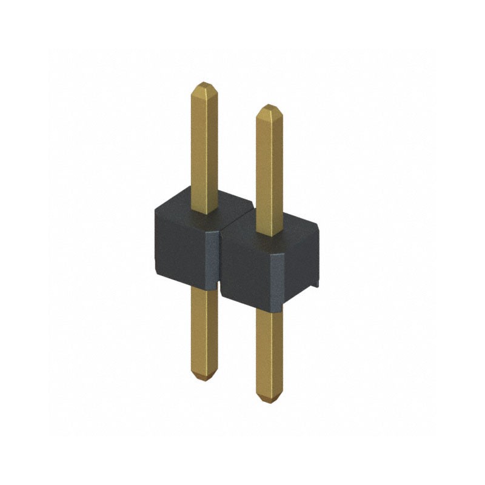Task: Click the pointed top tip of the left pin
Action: coord(204,85)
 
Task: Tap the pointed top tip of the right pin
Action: coord(269,108)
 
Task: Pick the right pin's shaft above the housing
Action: coord(269,170)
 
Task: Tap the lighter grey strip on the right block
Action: coord(274,282)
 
